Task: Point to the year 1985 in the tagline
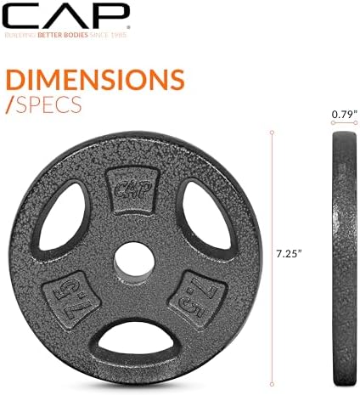121,35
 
